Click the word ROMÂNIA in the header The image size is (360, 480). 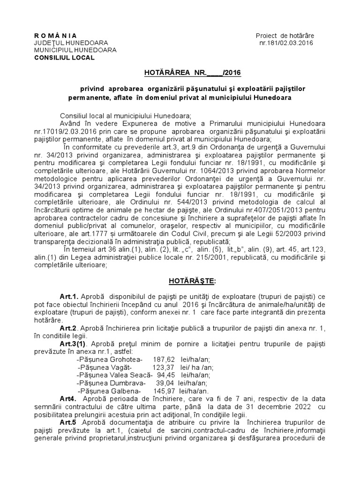56,36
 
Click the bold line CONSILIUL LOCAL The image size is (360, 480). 64,58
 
